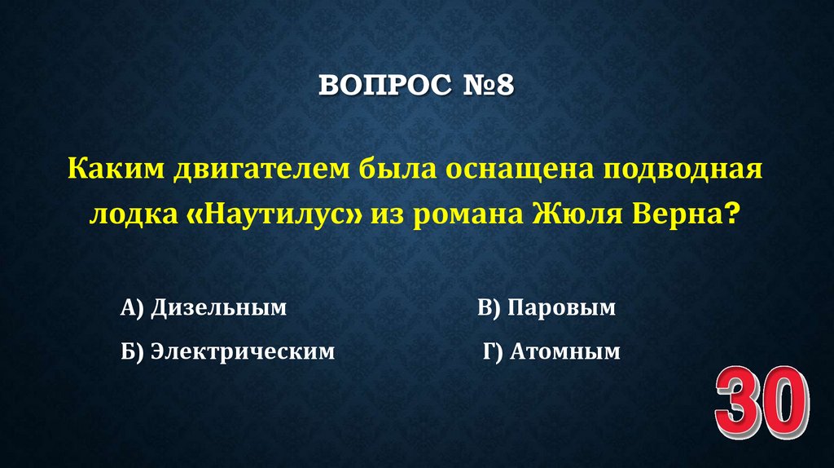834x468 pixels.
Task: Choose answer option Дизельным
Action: tap(219, 308)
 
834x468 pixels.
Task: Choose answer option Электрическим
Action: tap(243, 351)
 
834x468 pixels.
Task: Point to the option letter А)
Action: tap(132, 308)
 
